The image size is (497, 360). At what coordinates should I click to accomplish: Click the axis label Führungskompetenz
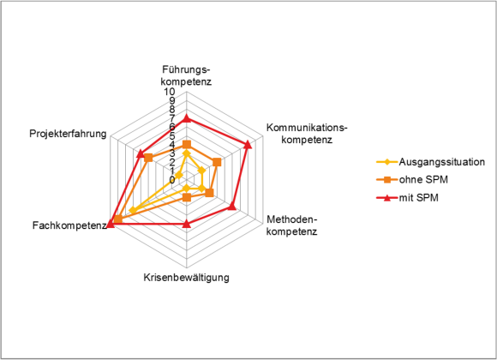pos(186,75)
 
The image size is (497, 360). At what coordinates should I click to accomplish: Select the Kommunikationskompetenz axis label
pos(307,134)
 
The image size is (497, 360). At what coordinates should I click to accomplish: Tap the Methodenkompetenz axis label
pos(292,225)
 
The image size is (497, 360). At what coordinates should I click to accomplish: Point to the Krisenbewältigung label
pos(187,278)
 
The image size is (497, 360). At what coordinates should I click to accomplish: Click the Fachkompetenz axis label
pos(69,225)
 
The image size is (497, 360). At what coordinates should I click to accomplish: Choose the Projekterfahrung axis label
pos(68,134)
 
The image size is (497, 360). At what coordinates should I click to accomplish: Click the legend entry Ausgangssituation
pos(441,162)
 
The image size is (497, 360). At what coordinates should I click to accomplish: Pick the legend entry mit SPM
pos(418,198)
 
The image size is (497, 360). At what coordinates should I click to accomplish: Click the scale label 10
pos(170,92)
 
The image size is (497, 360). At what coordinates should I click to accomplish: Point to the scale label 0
pos(172,180)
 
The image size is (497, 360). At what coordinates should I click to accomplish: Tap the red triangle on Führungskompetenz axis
pos(187,118)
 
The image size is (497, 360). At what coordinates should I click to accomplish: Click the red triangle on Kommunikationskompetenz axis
pos(248,145)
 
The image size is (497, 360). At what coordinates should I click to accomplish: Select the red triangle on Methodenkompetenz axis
pos(232,207)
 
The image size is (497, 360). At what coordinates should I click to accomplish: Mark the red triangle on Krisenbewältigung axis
pos(187,225)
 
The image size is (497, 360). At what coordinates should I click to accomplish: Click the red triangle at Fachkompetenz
pos(111,224)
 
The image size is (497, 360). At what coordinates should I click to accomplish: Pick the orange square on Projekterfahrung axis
pos(148,158)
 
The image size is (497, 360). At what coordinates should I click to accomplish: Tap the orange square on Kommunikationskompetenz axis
pos(217,162)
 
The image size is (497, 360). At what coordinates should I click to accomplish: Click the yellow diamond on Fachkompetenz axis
pos(133,211)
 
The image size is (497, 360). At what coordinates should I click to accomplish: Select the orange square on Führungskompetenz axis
pos(187,145)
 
